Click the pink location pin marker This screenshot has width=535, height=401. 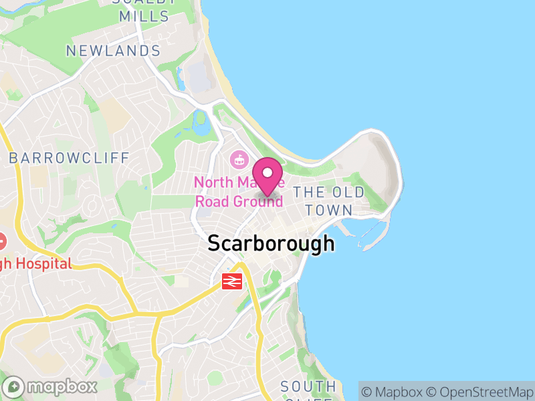pos(268,175)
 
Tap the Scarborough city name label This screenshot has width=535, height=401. pos(271,243)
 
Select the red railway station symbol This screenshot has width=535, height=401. pos(232,281)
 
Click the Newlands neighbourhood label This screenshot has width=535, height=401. pos(114,51)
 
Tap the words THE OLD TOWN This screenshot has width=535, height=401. pos(330,200)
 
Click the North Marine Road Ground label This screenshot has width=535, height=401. pos(239,192)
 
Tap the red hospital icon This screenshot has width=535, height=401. pos(1,240)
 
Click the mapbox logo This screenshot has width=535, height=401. pos(51,386)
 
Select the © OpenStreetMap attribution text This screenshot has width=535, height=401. pos(480,391)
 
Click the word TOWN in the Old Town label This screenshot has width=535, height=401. pos(330,210)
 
